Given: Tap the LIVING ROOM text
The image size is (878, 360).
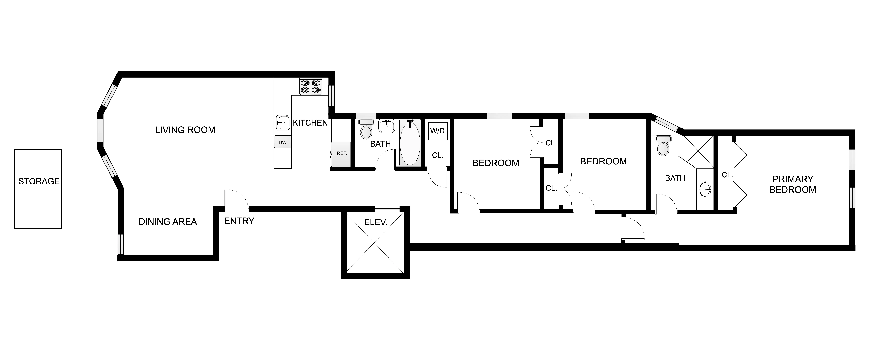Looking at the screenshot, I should coord(185,130).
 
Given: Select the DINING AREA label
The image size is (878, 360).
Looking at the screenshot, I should coord(168,222).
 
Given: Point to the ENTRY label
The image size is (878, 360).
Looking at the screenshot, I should coord(239,221).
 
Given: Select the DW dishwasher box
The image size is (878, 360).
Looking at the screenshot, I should coord(283,142).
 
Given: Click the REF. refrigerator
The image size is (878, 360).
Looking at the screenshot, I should coord(341,154).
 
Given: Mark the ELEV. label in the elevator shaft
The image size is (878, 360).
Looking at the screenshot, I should coord(376,223).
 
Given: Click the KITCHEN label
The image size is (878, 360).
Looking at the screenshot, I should coord(310,123).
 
